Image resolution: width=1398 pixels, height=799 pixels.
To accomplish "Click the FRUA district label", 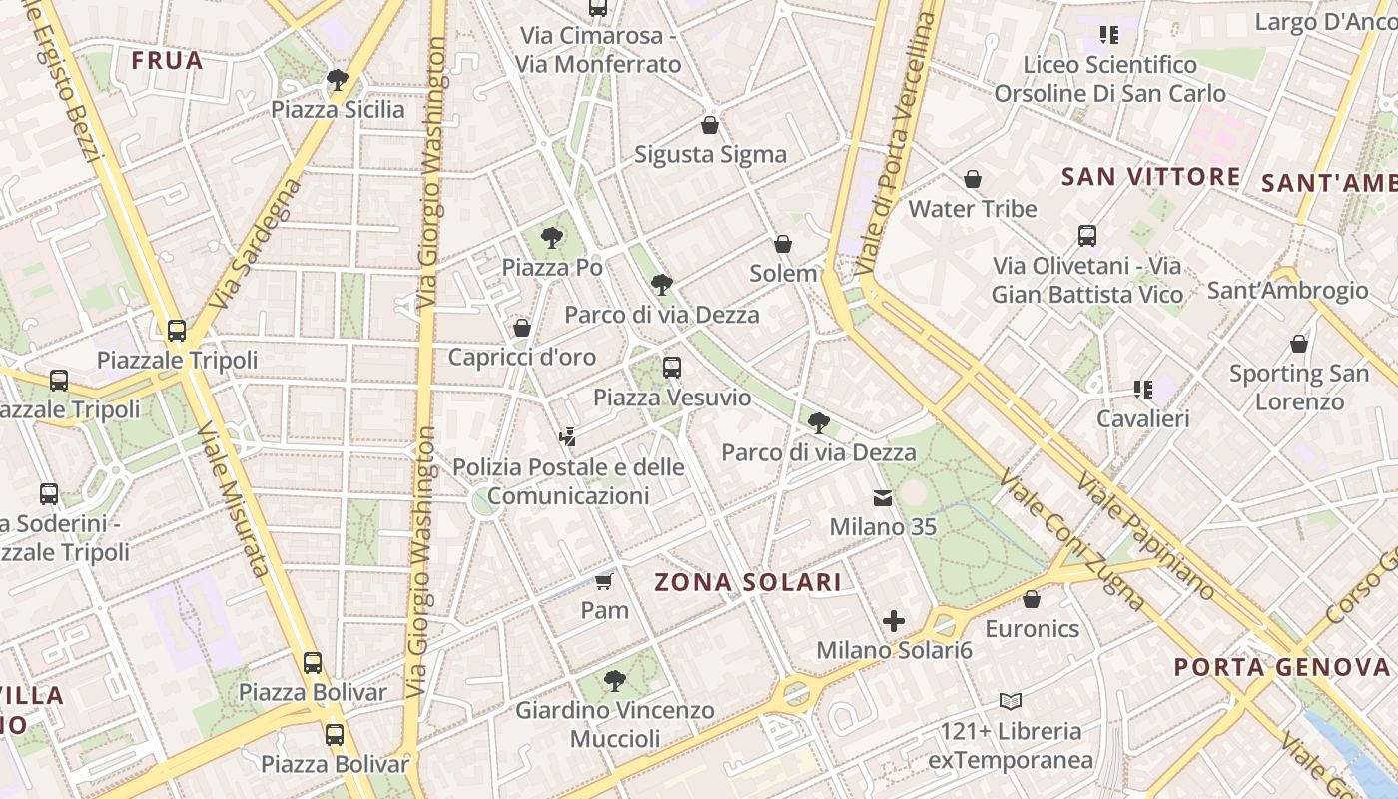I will (x=167, y=60).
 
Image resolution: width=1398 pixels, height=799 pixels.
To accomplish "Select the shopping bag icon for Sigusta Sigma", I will (x=710, y=125).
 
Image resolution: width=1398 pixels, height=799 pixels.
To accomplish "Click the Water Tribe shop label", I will (x=972, y=209).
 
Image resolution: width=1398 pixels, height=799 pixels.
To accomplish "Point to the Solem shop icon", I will (x=783, y=244).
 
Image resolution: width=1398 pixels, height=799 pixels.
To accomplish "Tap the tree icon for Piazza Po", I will (x=551, y=238).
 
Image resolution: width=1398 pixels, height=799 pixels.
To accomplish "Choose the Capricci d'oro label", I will (x=521, y=357).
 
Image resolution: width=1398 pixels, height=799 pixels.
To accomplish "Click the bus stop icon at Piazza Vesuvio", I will (x=672, y=368).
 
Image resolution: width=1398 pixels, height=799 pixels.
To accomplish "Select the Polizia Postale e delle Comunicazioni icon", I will (x=568, y=436).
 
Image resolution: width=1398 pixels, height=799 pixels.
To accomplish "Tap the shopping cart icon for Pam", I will (x=603, y=580).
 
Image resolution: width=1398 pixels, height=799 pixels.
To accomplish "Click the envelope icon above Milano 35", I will (x=883, y=497).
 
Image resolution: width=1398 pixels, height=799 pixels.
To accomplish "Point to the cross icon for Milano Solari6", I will (x=894, y=621).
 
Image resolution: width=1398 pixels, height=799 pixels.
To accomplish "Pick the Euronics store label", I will (x=1032, y=629).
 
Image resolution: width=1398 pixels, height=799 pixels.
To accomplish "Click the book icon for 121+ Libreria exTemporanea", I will (x=1011, y=701).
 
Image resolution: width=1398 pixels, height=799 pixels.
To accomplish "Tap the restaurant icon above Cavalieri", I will (x=1142, y=390).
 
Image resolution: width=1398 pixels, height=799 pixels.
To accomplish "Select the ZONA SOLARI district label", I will (x=747, y=582).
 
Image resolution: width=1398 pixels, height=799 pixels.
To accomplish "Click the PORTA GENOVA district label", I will (x=1281, y=667).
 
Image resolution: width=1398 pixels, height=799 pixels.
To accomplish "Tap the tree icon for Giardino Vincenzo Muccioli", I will (x=615, y=681).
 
